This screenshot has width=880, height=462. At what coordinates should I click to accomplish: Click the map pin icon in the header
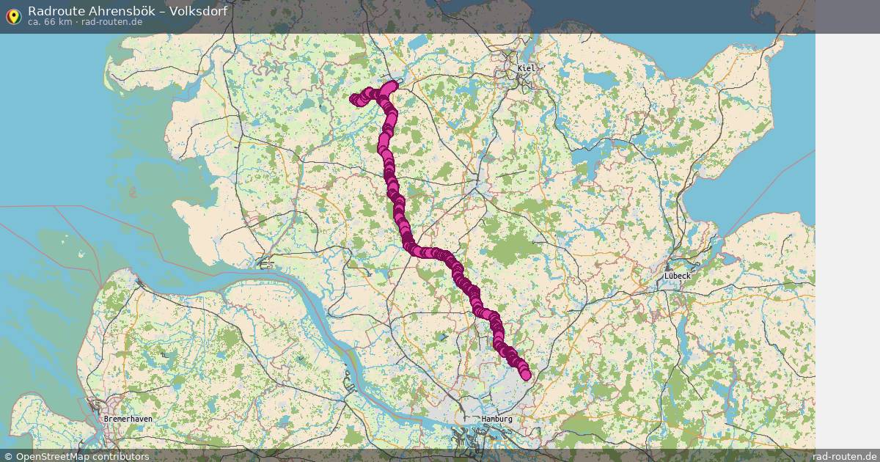click(13, 15)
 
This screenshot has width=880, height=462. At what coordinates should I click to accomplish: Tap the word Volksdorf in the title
click(197, 11)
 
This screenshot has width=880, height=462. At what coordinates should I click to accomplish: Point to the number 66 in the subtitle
click(48, 22)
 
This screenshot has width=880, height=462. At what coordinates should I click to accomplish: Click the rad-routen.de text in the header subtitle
click(112, 22)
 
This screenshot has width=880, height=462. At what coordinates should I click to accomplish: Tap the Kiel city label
click(527, 68)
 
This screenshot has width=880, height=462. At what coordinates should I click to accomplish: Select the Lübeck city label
click(677, 276)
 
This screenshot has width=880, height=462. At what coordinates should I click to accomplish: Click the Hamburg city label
click(497, 419)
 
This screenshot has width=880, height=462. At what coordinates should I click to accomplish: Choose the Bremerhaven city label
click(128, 419)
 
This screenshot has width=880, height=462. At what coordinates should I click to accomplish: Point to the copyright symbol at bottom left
click(8, 456)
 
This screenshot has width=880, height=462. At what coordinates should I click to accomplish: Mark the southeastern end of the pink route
click(525, 375)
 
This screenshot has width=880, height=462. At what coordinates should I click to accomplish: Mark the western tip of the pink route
click(354, 99)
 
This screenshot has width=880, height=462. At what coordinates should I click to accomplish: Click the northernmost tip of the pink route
click(392, 84)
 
